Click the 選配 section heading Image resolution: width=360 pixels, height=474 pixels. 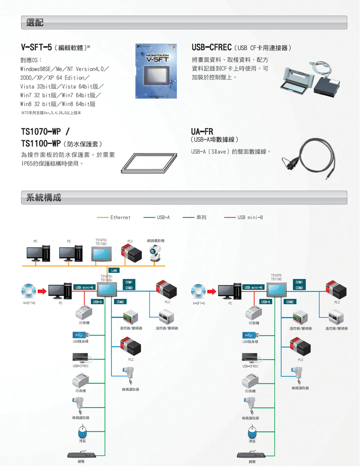point(35,22)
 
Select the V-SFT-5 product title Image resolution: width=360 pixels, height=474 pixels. point(37,47)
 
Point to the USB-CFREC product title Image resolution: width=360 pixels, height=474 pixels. point(212,47)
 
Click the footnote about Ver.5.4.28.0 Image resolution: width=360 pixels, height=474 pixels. point(51,112)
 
